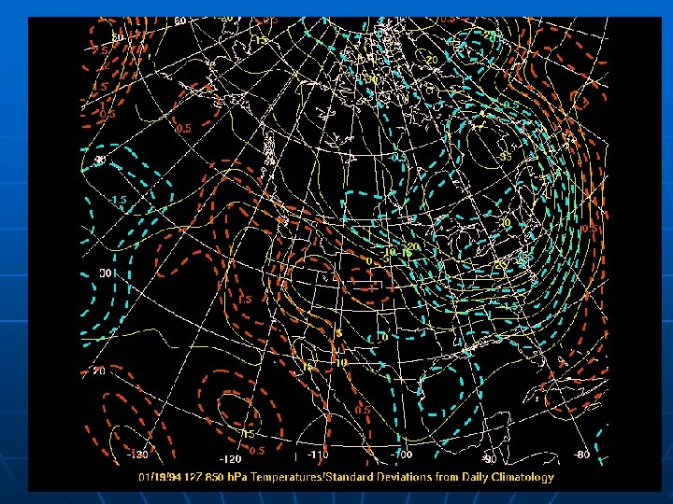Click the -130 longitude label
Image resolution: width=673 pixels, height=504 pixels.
tap(136, 455)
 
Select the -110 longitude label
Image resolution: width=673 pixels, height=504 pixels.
tap(320, 455)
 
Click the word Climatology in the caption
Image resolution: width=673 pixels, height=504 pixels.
tap(520, 477)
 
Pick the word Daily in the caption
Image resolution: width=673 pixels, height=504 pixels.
tap(467, 477)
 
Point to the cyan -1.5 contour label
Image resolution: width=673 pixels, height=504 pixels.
tap(119, 201)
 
